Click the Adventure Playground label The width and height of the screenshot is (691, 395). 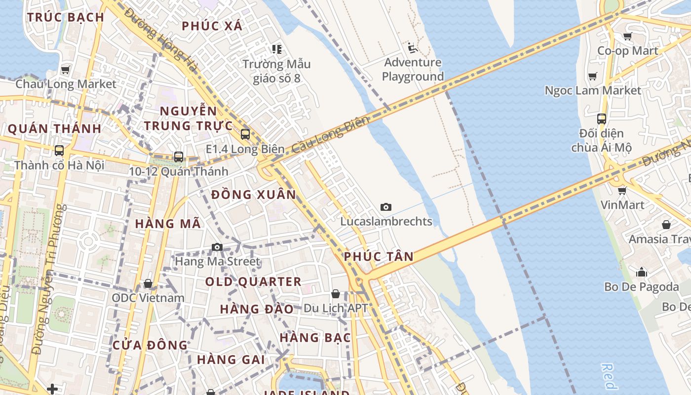pos(413,70)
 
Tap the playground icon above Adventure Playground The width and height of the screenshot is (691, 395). pos(413,48)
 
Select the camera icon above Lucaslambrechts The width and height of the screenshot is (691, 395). pos(386,207)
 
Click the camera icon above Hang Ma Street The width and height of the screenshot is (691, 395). pos(217,247)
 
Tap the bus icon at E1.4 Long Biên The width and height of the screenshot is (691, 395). pos(245,134)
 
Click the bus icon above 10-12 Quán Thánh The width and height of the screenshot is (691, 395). pos(179,157)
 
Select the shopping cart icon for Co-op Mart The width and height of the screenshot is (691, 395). pos(627,36)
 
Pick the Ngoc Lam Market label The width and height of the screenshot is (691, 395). pos(593,90)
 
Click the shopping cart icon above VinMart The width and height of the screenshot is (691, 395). pos(622,190)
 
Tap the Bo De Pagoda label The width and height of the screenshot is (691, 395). pos(641,286)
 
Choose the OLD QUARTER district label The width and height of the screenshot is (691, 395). pos(253,282)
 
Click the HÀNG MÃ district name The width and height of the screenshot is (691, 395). pos(168,224)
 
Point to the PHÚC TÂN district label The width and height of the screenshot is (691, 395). pos(379,256)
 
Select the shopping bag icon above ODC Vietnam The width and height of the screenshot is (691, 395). pos(148,283)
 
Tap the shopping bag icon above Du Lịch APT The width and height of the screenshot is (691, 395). pos(336,294)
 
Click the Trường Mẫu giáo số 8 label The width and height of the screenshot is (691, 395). pos(276,71)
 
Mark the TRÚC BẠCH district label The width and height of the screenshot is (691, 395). pos(66,17)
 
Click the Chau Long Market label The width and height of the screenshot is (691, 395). pos(66,84)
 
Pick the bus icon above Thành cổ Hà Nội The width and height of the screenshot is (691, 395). pos(59,151)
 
